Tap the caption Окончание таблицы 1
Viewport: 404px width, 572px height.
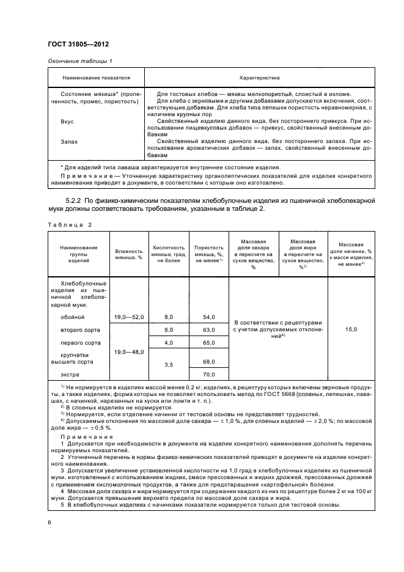click(x=79, y=61)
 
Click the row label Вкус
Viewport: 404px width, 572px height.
click(x=67, y=122)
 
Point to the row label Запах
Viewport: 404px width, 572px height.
click(x=69, y=142)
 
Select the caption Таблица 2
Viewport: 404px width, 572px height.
click(x=69, y=225)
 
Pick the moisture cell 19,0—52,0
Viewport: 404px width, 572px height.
click(x=128, y=317)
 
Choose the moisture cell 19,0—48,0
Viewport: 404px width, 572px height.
click(x=128, y=352)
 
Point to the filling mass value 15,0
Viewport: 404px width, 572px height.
click(x=351, y=329)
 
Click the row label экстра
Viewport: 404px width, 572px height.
click(x=70, y=374)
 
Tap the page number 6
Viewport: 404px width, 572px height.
click(x=49, y=522)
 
